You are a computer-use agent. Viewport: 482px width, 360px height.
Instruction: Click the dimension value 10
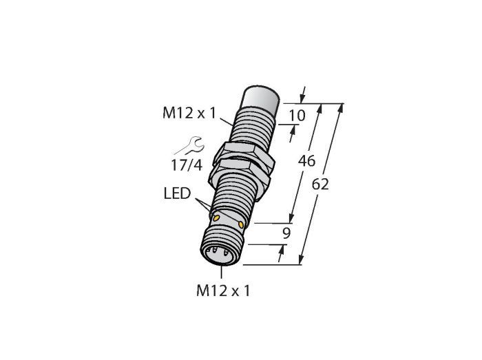297,116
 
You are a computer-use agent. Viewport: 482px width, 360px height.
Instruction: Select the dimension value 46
307,161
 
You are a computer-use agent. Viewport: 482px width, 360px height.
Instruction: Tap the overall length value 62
320,184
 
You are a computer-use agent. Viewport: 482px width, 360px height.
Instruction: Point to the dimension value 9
286,234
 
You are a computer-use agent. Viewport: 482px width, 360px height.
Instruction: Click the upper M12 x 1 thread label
189,113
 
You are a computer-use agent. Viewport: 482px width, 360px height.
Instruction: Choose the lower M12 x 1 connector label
223,290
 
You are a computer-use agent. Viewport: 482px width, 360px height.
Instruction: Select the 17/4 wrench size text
187,166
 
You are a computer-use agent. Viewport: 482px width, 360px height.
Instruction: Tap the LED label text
178,193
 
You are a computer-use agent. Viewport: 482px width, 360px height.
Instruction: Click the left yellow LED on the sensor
216,218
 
